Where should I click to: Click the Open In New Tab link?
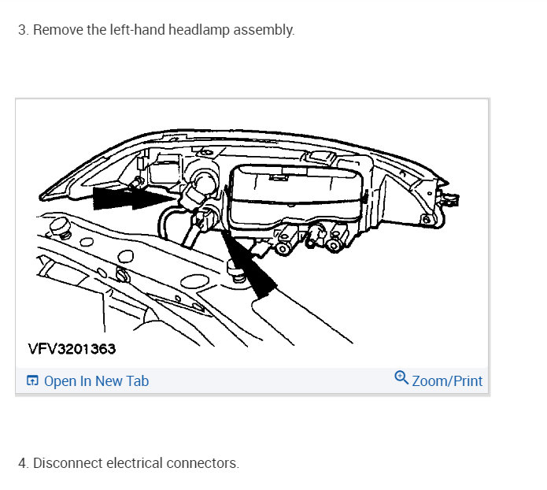coord(96,381)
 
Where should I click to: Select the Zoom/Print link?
coord(447,381)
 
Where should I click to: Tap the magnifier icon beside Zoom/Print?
coord(401,379)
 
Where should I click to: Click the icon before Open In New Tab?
coord(32,381)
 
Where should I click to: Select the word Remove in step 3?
coord(54,31)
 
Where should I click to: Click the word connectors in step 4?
coord(202,463)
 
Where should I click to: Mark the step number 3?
coord(22,31)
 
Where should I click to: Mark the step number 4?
coord(22,463)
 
